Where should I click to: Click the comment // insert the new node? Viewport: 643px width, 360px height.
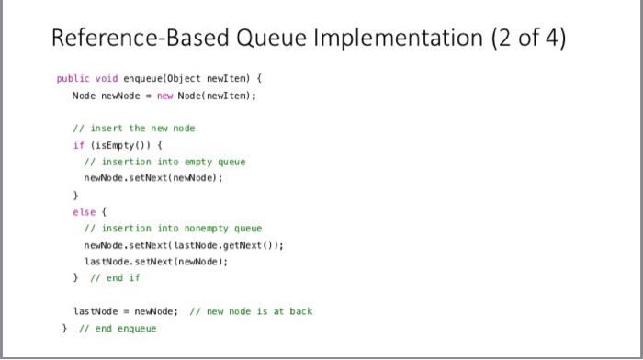134,128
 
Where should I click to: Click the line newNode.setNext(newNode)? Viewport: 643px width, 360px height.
152,178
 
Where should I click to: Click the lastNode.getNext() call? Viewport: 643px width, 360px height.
237,244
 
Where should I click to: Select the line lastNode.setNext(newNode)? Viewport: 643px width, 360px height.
156,261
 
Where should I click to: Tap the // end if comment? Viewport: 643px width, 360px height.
115,277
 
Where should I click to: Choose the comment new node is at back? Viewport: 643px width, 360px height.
250,311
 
